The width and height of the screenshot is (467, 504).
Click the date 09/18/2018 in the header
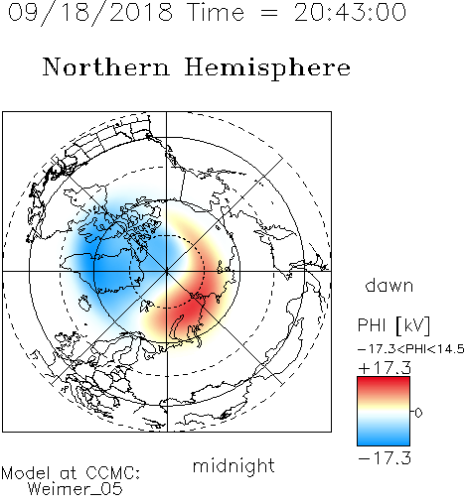coord(90,12)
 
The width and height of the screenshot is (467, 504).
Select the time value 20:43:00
coord(350,12)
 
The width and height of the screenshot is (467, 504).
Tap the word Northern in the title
coord(106,66)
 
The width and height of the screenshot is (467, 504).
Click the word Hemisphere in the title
coord(267,67)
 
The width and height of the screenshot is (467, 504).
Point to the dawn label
coord(389,285)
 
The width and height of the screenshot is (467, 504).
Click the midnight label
coord(233,465)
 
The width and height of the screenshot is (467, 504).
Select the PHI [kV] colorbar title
coord(393,325)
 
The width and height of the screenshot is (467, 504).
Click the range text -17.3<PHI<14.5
coord(411,349)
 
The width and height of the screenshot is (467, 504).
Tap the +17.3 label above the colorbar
coord(385,368)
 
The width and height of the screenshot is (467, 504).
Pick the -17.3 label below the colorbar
coord(385,457)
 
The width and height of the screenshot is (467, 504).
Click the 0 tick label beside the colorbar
coord(418,413)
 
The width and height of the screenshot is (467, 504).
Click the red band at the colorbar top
coord(384,384)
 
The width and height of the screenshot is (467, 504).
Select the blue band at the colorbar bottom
coord(384,440)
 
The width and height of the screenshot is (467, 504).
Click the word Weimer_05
coord(76,488)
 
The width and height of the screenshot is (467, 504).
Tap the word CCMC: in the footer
coord(112,473)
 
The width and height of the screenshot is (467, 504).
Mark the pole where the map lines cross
coord(166,271)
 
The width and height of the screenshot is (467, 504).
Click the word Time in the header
coord(216,12)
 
